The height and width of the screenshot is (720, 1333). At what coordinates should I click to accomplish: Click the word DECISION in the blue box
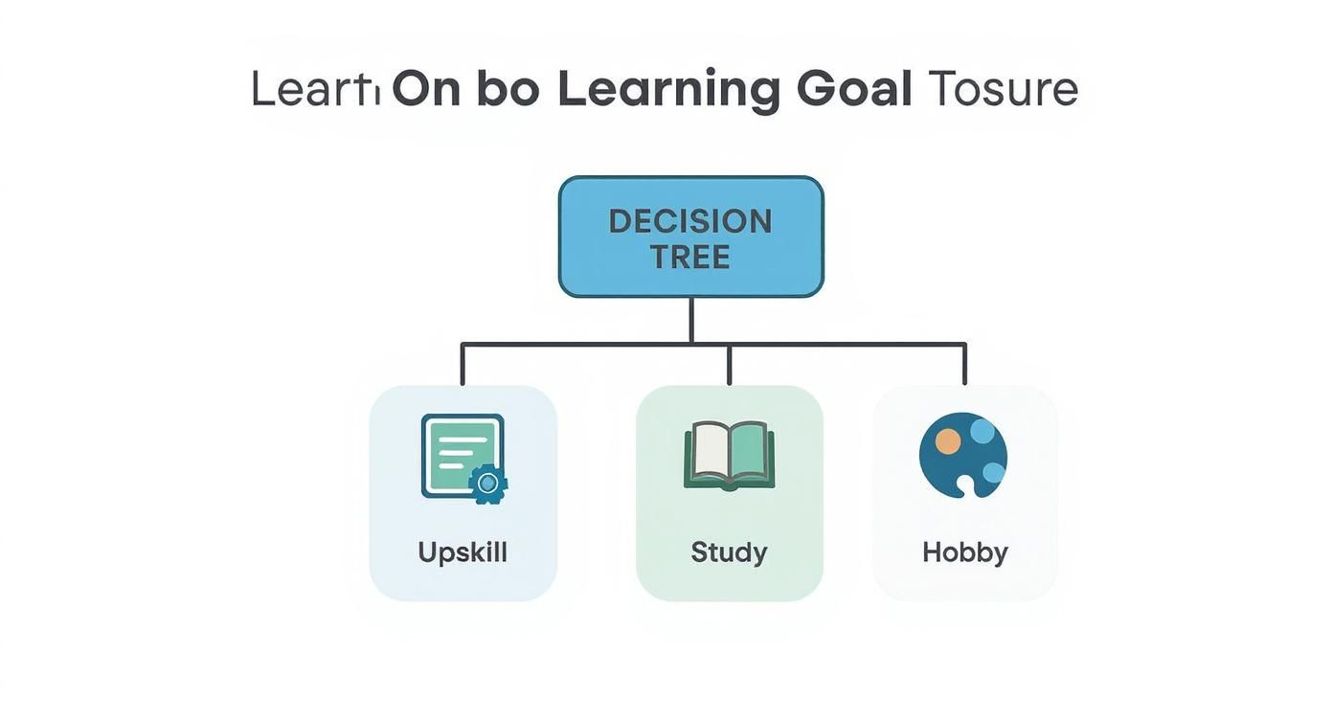point(690,221)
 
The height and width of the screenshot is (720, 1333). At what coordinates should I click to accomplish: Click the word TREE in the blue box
point(690,257)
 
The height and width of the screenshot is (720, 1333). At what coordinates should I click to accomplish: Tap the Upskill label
point(463,552)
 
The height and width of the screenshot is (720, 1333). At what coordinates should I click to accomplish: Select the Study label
point(729,552)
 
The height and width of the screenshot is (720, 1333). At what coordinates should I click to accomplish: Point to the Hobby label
point(964,552)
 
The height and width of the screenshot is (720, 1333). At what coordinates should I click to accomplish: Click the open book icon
point(729,457)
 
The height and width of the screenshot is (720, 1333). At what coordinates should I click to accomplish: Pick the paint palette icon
point(962,456)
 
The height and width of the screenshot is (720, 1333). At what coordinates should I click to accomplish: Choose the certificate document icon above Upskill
point(462,455)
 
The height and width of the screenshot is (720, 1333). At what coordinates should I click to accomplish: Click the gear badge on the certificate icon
point(488,484)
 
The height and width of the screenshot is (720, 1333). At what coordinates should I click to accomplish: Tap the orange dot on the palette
point(947,440)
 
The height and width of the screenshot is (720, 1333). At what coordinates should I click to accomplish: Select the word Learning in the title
point(668,89)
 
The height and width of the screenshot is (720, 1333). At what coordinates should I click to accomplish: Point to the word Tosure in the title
point(1004,89)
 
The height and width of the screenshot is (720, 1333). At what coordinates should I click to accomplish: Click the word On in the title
point(427,89)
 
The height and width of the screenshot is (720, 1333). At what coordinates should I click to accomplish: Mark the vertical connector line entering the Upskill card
point(463,364)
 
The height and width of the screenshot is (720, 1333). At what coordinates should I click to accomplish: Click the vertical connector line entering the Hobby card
point(964,364)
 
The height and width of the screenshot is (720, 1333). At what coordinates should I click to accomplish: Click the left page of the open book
point(709,454)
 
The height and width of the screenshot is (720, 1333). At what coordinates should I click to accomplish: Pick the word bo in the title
point(508,89)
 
